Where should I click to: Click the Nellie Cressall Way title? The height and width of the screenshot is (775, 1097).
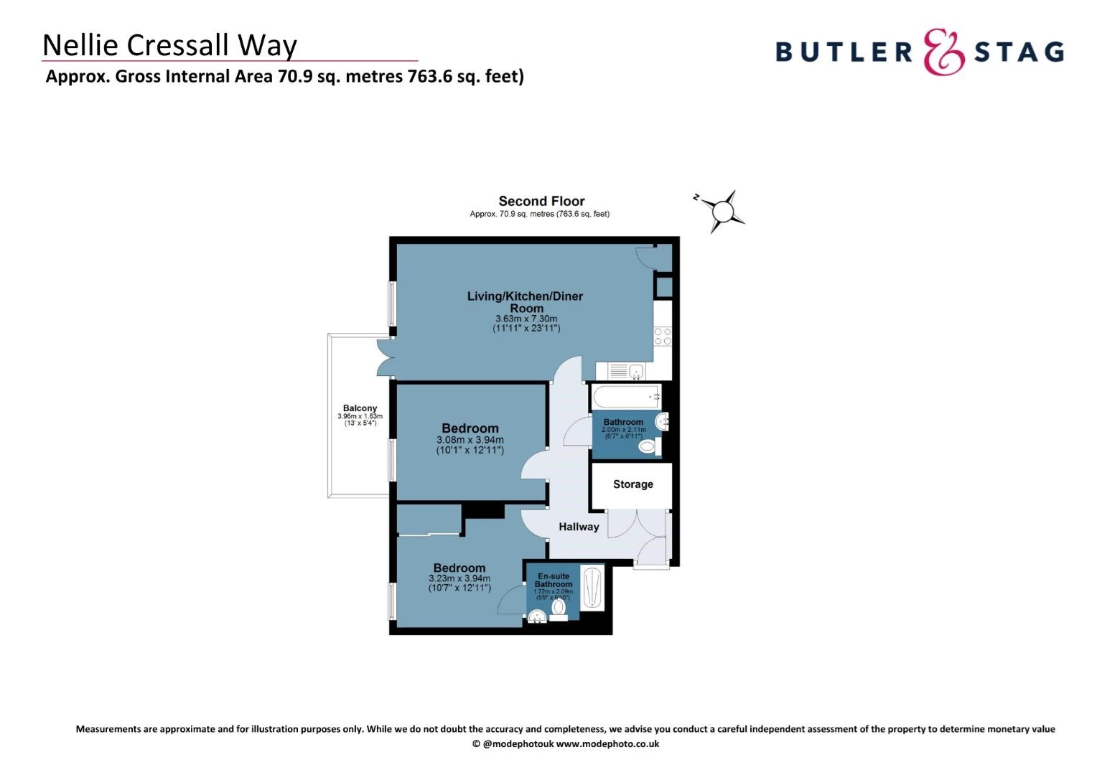(170, 45)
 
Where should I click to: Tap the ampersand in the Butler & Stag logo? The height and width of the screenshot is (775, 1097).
(943, 52)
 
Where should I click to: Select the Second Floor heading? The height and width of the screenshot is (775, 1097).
(541, 201)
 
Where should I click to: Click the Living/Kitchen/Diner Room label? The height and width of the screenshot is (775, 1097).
(525, 302)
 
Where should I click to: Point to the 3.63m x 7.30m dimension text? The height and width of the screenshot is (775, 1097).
(526, 319)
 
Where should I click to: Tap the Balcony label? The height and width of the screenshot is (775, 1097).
(360, 408)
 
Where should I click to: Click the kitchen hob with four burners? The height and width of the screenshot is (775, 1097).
(663, 337)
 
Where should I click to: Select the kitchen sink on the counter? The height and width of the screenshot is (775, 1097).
(636, 371)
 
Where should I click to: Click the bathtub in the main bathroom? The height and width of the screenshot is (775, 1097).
(626, 397)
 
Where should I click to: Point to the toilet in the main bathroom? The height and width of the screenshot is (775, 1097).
(650, 446)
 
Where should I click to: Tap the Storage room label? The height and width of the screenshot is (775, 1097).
(632, 484)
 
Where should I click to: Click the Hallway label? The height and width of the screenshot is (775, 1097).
(579, 527)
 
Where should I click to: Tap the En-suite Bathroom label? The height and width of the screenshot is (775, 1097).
(554, 580)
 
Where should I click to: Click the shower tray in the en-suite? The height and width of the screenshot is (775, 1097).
(592, 588)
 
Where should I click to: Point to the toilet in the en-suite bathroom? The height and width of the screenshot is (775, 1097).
(559, 609)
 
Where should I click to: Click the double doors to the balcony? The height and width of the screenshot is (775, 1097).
(386, 358)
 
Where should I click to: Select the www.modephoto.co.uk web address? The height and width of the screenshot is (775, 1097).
(608, 743)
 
